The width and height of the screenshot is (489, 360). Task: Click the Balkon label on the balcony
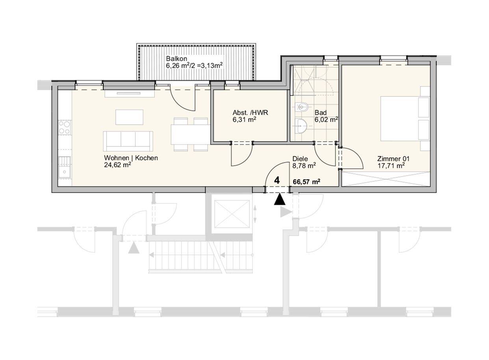(x=176, y=59)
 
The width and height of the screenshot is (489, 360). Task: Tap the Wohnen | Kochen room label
(x=131, y=158)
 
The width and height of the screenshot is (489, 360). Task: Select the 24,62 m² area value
(x=117, y=165)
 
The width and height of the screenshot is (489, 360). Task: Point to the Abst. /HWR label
(x=250, y=113)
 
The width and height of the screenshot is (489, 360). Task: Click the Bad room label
(x=320, y=113)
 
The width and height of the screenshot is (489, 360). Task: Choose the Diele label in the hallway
(x=300, y=159)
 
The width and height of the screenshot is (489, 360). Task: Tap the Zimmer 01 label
(x=393, y=159)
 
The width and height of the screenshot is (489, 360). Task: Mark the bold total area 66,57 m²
(x=307, y=182)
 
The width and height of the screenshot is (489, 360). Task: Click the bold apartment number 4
(x=277, y=181)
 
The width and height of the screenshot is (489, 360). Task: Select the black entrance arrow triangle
(x=280, y=199)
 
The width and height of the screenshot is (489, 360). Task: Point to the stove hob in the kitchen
(x=65, y=127)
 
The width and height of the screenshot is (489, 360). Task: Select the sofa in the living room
(x=128, y=141)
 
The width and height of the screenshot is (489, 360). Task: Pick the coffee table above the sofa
(x=130, y=117)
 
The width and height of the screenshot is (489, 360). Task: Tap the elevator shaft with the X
(x=232, y=214)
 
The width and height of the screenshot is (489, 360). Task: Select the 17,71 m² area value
(x=391, y=166)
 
